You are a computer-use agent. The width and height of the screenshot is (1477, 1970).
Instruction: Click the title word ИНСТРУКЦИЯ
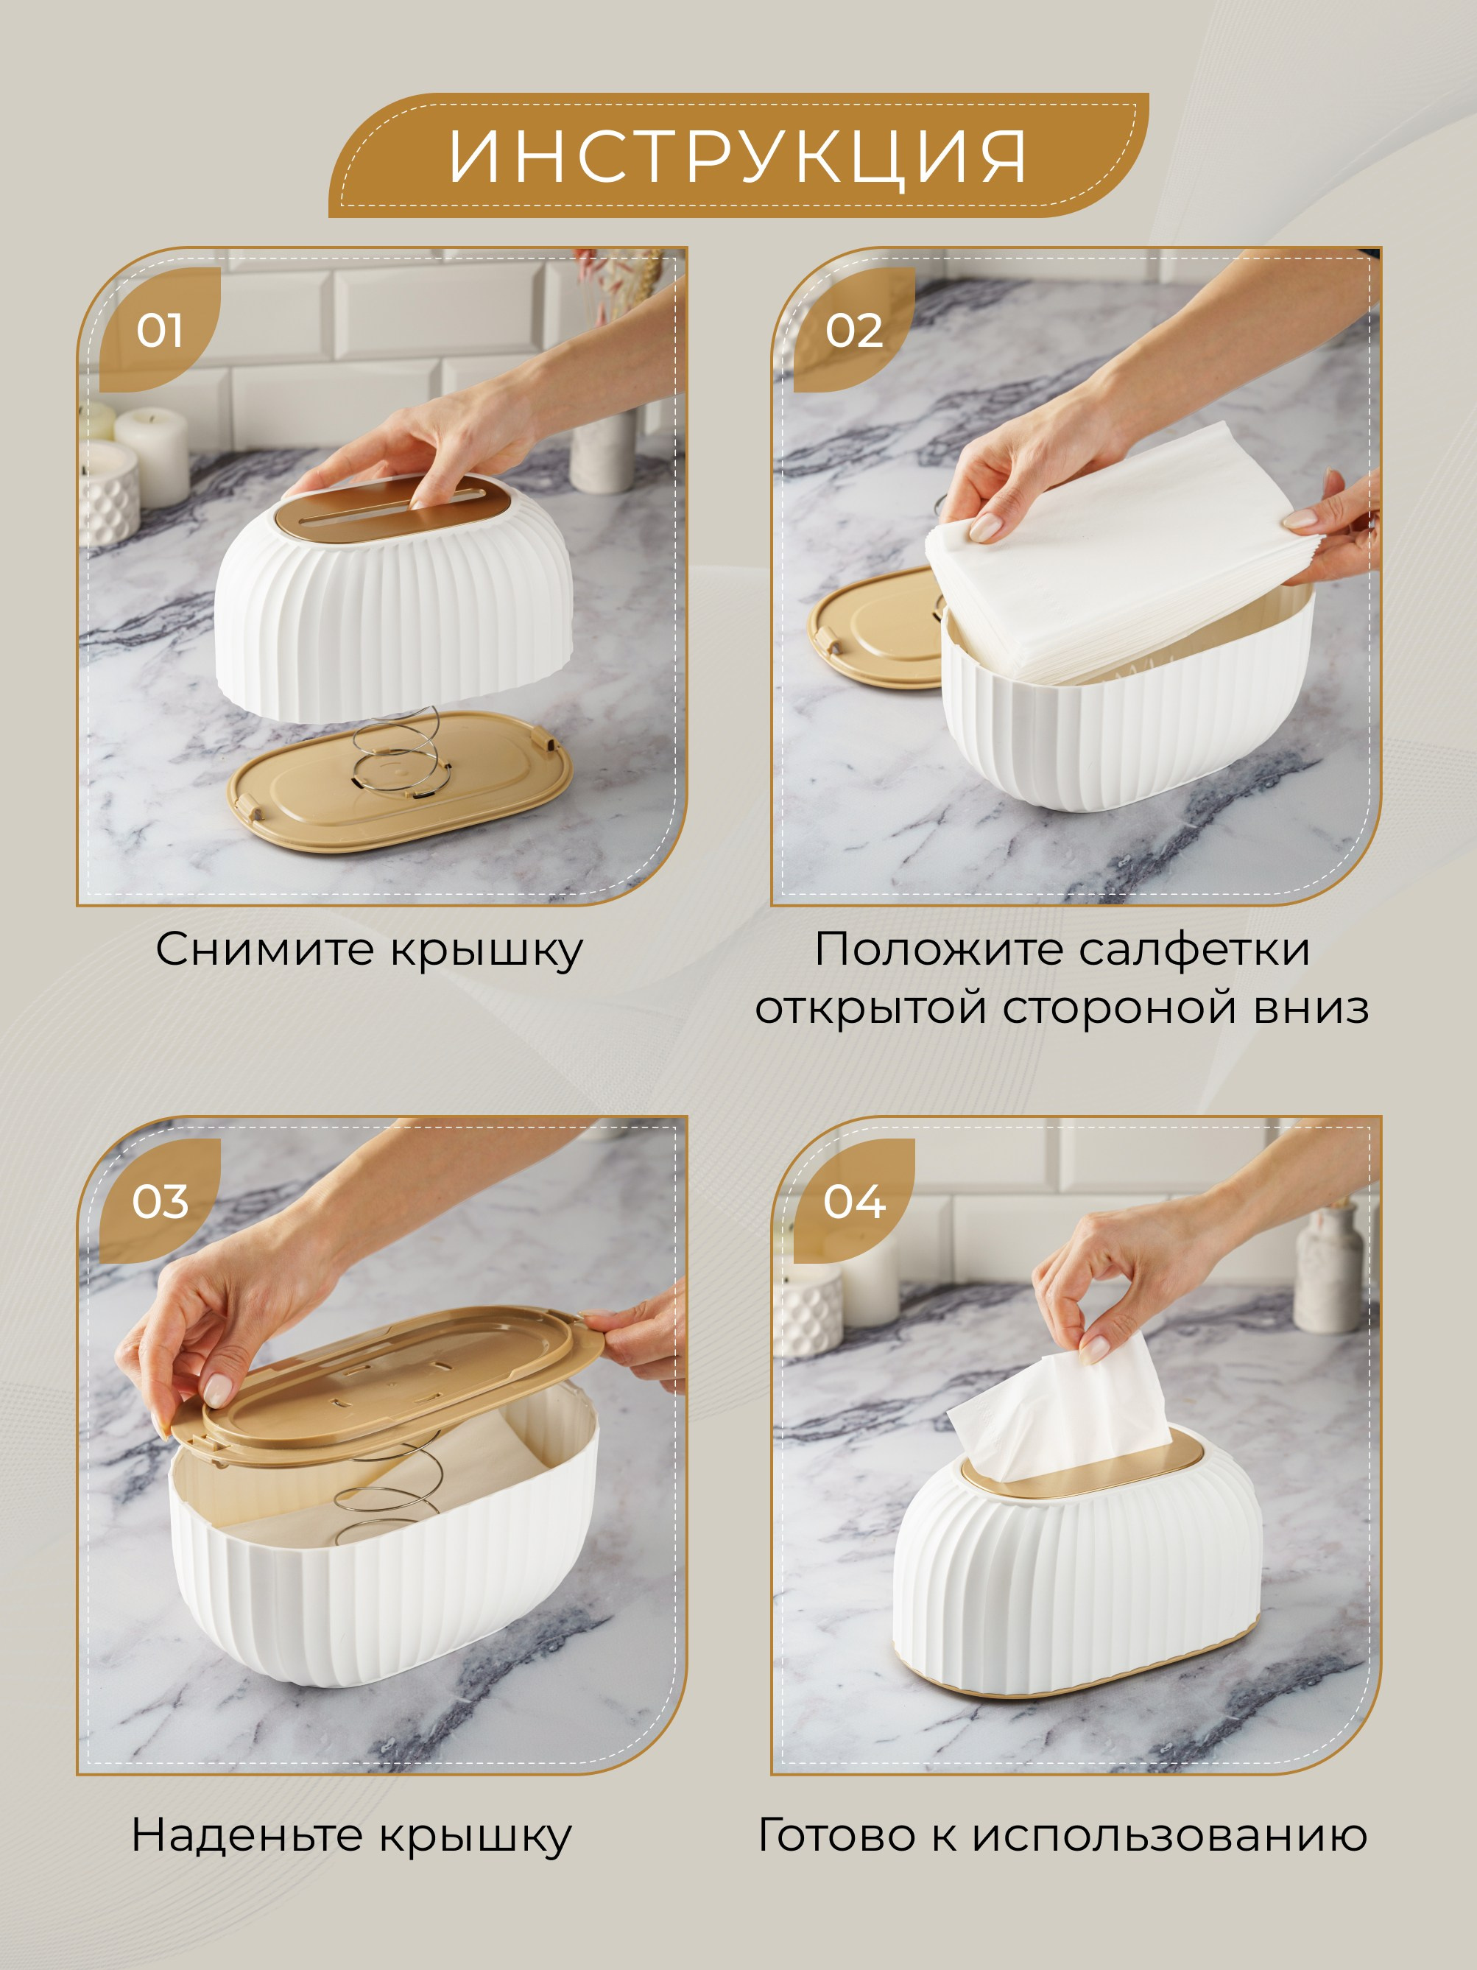coord(737,157)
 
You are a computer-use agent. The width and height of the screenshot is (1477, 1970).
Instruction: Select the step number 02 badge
coord(854,329)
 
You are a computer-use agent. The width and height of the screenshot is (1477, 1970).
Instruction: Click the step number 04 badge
coord(854,1200)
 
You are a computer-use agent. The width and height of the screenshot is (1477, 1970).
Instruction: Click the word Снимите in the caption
coord(265,949)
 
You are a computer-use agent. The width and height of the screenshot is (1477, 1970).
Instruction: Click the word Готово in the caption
coord(836,1835)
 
